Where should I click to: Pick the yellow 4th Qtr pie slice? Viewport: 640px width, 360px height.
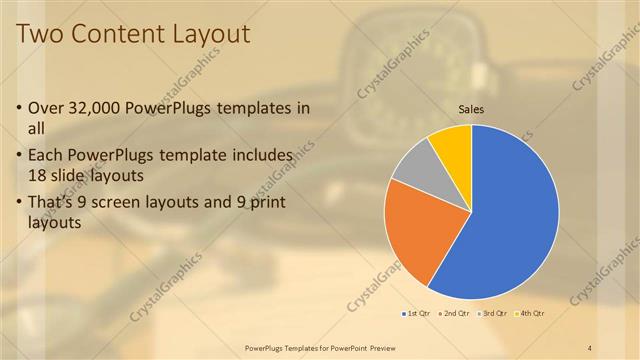[x=453, y=146]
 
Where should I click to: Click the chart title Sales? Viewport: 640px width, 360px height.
[x=471, y=109]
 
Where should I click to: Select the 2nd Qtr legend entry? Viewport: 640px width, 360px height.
[x=456, y=314]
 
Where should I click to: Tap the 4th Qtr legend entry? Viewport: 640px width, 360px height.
[x=531, y=314]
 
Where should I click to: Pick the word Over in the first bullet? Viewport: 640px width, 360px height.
[x=47, y=108]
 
